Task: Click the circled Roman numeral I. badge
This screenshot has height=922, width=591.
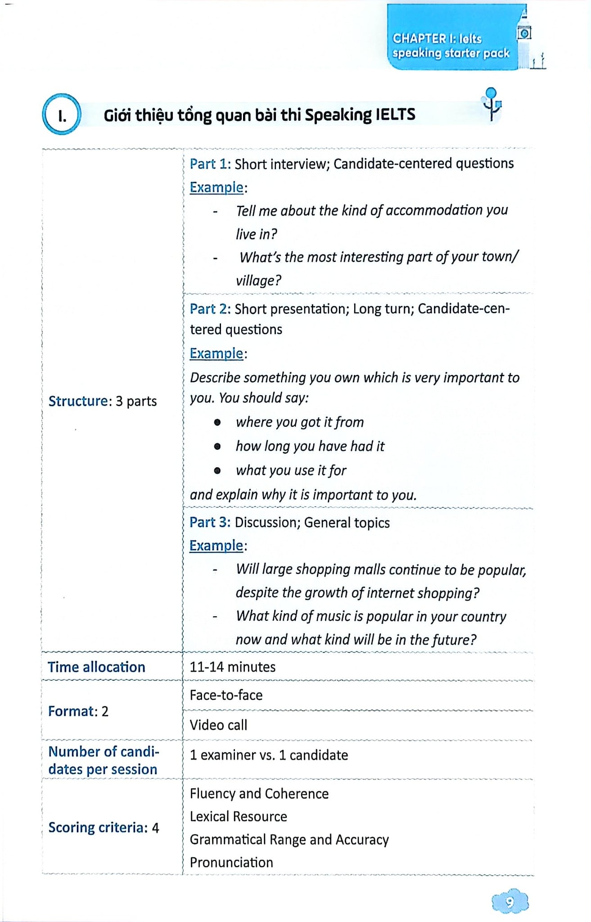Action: [x=62, y=114]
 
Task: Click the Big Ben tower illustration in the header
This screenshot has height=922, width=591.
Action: [x=524, y=36]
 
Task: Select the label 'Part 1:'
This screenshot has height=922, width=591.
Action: [x=210, y=164]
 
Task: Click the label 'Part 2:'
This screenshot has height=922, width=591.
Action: [x=210, y=309]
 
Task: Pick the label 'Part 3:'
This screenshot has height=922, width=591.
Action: [x=210, y=522]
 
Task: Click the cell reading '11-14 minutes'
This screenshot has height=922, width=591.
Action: [x=232, y=667]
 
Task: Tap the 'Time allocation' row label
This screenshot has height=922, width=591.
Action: [x=96, y=667]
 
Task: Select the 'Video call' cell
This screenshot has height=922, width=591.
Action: [x=218, y=725]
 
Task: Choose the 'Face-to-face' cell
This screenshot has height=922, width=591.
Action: [x=226, y=695]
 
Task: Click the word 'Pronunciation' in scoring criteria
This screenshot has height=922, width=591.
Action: [x=231, y=862]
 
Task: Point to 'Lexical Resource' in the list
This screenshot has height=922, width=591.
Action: [x=238, y=816]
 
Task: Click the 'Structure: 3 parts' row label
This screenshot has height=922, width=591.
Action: [x=103, y=401]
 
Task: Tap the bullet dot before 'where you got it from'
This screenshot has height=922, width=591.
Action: [x=217, y=422]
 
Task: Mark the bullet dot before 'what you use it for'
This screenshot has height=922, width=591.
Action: [x=217, y=470]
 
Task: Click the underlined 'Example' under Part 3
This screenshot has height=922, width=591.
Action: [x=216, y=546]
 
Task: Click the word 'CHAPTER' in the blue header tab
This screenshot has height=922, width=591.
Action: [x=419, y=39]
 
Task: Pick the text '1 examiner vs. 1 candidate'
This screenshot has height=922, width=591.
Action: [x=269, y=755]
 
